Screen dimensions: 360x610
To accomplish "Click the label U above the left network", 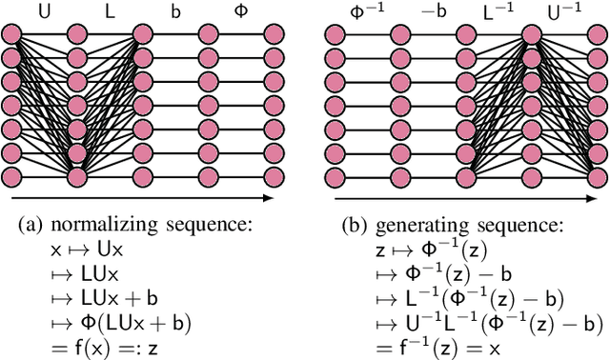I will pyautogui.click(x=45, y=11).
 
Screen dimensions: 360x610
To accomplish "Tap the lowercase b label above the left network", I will pyautogui.click(x=174, y=11).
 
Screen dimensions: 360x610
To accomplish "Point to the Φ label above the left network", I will pyautogui.click(x=243, y=11).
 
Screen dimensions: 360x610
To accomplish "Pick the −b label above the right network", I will pyautogui.click(x=433, y=11).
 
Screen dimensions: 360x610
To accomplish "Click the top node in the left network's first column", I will pyautogui.click(x=12, y=34).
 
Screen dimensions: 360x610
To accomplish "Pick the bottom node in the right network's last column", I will pyautogui.click(x=593, y=176).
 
